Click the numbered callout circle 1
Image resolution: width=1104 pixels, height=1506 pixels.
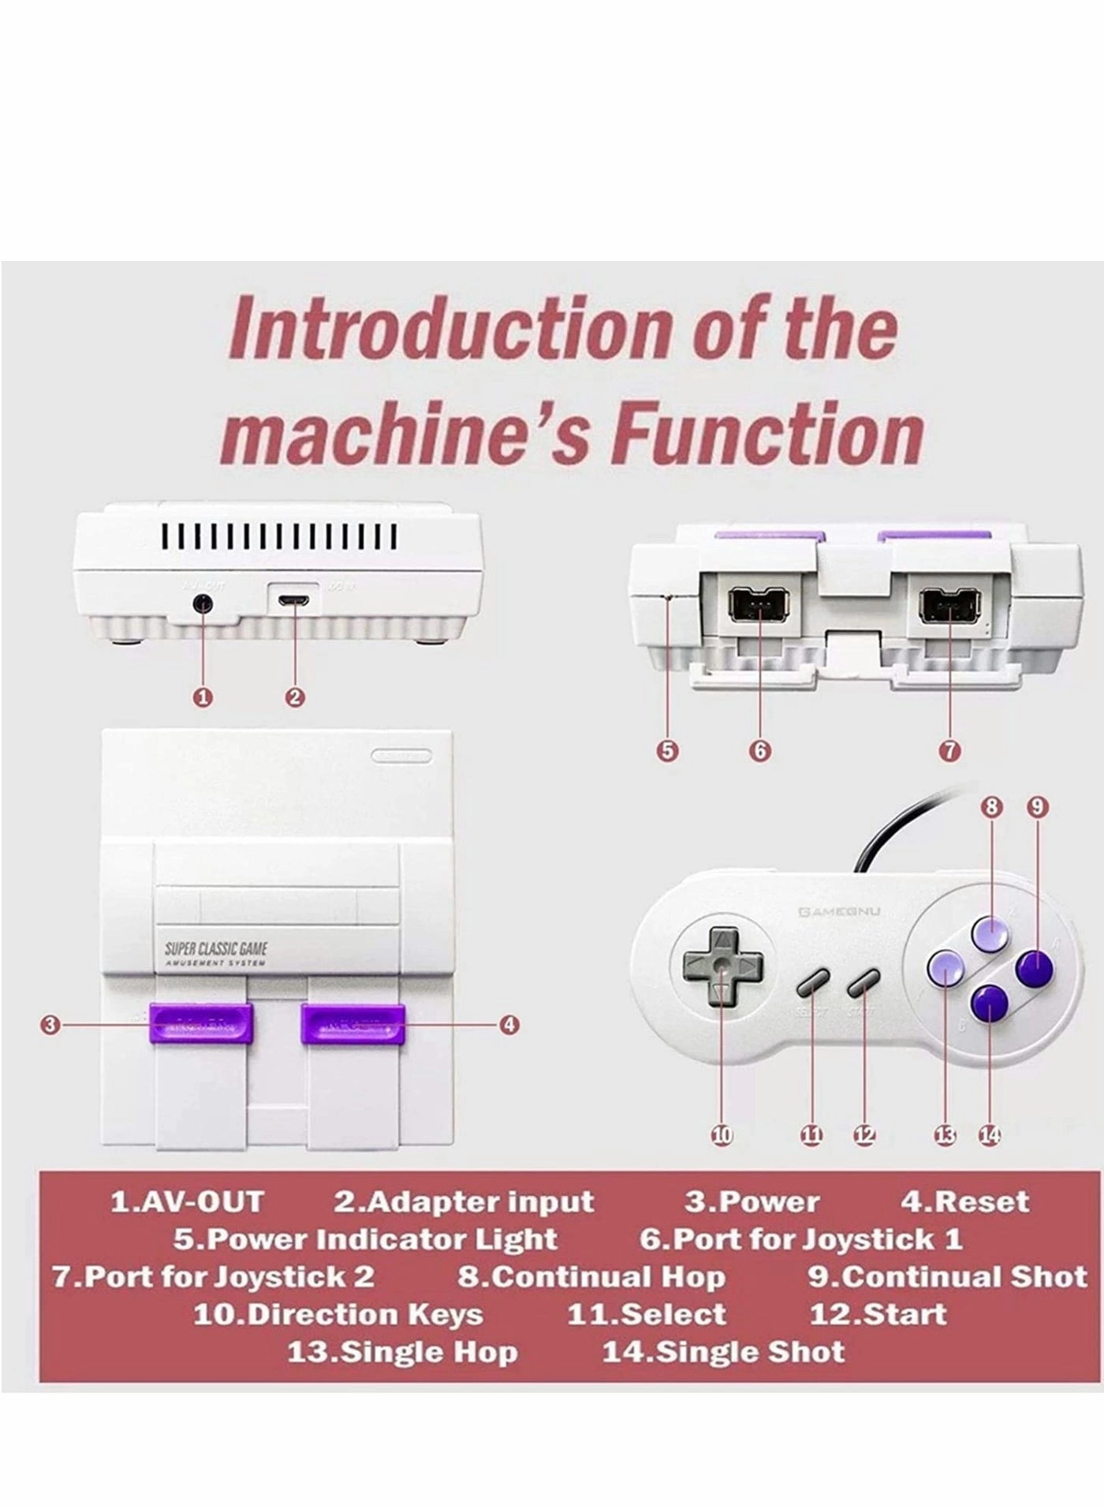coord(204,697)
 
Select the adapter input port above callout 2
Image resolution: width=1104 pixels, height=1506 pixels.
coord(293,600)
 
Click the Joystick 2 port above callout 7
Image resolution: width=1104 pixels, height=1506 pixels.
coord(947,607)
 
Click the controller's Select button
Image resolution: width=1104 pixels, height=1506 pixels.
coord(812,983)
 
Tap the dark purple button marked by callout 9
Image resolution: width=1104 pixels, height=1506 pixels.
coord(1035,969)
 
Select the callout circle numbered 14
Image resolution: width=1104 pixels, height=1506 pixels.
coord(990,1135)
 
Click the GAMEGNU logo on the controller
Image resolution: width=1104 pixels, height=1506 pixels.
coord(839,913)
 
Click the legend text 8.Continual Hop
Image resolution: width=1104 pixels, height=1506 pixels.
coord(591,1276)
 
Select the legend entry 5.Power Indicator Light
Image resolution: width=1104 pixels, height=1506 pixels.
coord(365,1239)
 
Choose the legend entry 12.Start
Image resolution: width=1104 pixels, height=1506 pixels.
coord(878,1314)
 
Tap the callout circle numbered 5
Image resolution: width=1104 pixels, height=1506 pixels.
coord(667,750)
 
